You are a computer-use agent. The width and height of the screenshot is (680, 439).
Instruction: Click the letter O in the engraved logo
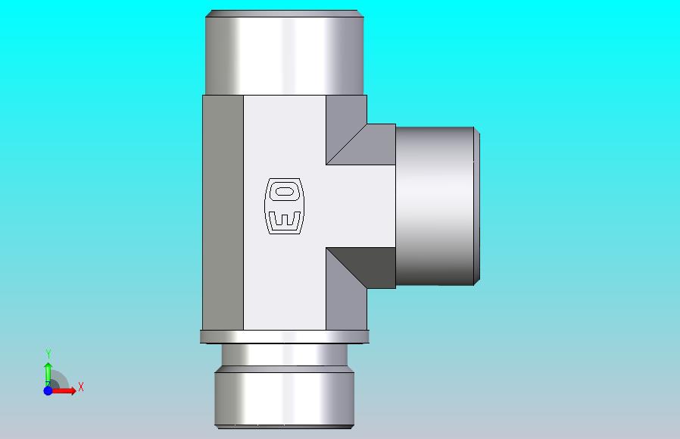pyautogui.click(x=284, y=191)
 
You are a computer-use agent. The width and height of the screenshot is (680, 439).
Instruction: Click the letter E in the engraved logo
pyautogui.click(x=285, y=220)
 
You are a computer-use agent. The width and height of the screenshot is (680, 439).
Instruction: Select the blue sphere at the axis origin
pyautogui.click(x=48, y=390)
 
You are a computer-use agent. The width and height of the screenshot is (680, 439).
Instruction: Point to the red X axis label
pyautogui.click(x=81, y=387)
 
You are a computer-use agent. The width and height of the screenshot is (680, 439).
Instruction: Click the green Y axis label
pyautogui.click(x=48, y=353)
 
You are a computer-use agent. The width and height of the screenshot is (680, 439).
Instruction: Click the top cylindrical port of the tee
pyautogui.click(x=285, y=52)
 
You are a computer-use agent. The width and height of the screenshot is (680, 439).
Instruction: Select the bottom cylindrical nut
pyautogui.click(x=285, y=397)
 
